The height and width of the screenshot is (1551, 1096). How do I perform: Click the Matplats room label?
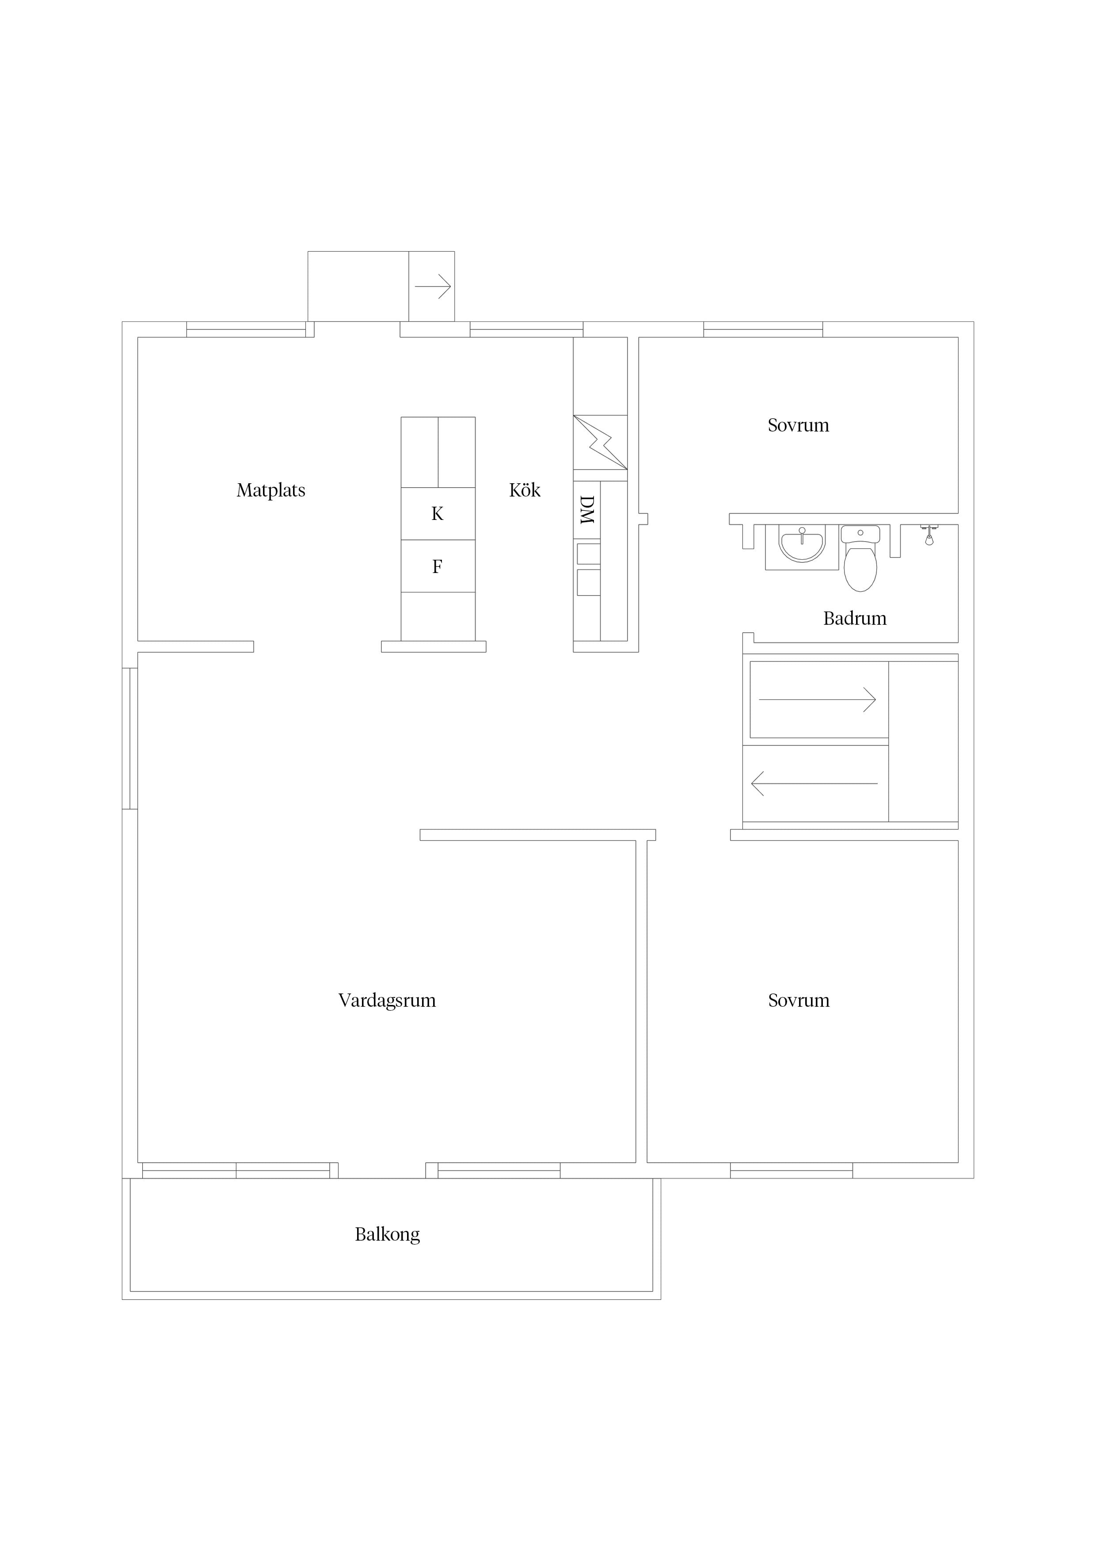pyautogui.click(x=271, y=490)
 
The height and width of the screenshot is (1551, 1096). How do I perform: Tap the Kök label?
pyautogui.click(x=525, y=490)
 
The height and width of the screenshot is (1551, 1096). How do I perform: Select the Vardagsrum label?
pyautogui.click(x=387, y=1001)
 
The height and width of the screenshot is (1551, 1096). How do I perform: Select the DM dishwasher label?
pyautogui.click(x=587, y=510)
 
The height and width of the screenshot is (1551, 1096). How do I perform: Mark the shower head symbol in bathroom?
pyautogui.click(x=929, y=535)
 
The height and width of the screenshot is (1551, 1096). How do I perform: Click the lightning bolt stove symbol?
pyautogui.click(x=600, y=443)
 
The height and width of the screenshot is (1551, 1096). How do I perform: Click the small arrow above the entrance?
pyautogui.click(x=433, y=287)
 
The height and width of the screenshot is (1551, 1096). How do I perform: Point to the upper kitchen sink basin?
pyautogui.click(x=588, y=553)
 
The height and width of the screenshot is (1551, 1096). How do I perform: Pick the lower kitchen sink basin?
pyautogui.click(x=588, y=582)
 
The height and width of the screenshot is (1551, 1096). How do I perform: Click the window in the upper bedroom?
pyautogui.click(x=763, y=330)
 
